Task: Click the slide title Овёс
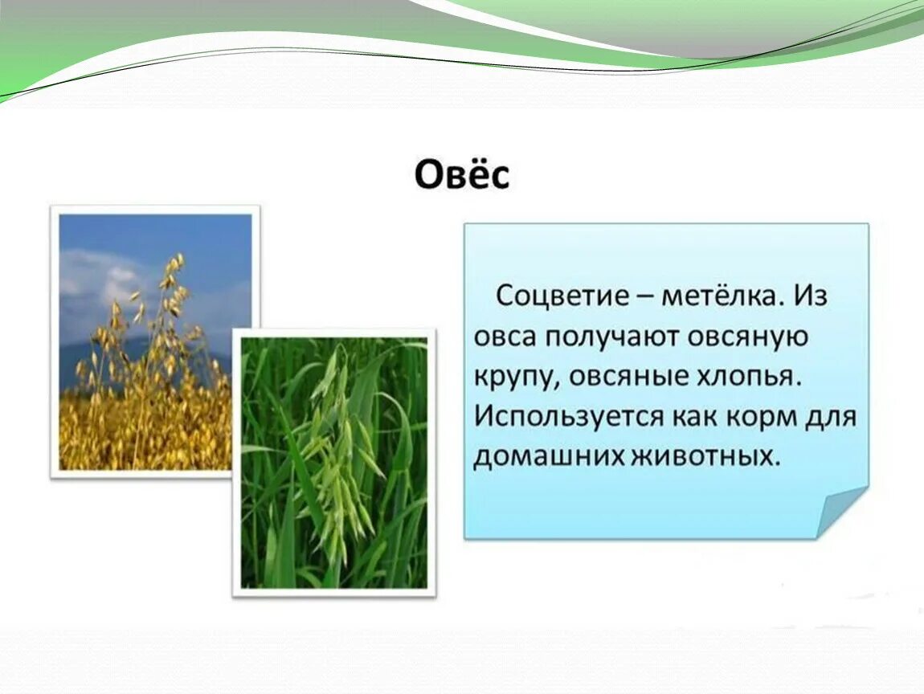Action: (x=462, y=173)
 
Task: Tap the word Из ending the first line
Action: (x=812, y=295)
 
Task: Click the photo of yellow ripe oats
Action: (x=155, y=341)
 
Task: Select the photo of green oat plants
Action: (x=334, y=463)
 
